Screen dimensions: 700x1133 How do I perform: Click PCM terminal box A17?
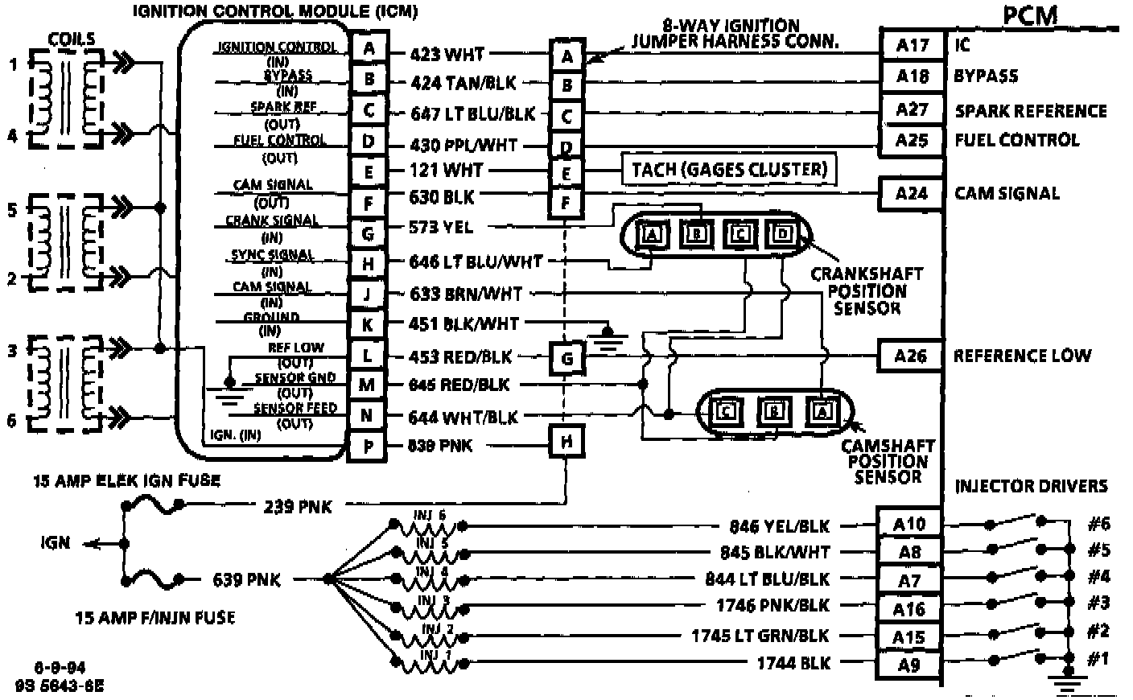point(912,45)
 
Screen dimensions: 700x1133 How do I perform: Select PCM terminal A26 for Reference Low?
point(910,356)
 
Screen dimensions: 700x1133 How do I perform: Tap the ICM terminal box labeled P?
point(367,446)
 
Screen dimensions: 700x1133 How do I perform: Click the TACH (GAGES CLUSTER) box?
point(729,170)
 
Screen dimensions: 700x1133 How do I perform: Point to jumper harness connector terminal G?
point(567,358)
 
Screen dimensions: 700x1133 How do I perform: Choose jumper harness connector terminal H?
point(567,442)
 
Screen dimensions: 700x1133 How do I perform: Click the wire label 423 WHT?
point(447,54)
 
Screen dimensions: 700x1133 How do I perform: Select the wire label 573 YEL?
point(441,228)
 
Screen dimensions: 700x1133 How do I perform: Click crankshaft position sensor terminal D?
point(780,234)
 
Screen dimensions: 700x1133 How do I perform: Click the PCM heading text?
point(1030,15)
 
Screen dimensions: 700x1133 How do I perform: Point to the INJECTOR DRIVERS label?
point(1031,486)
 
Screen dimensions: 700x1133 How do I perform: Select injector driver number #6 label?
point(1098,524)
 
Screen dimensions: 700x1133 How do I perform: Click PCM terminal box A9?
point(908,665)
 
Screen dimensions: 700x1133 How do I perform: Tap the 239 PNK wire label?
point(297,506)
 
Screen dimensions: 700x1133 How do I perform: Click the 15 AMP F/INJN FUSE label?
point(155,618)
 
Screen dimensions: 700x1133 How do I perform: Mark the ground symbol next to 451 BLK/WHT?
point(609,335)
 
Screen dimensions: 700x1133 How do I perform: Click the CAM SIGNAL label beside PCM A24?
point(1007,193)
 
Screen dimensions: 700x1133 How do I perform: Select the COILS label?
point(71,39)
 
